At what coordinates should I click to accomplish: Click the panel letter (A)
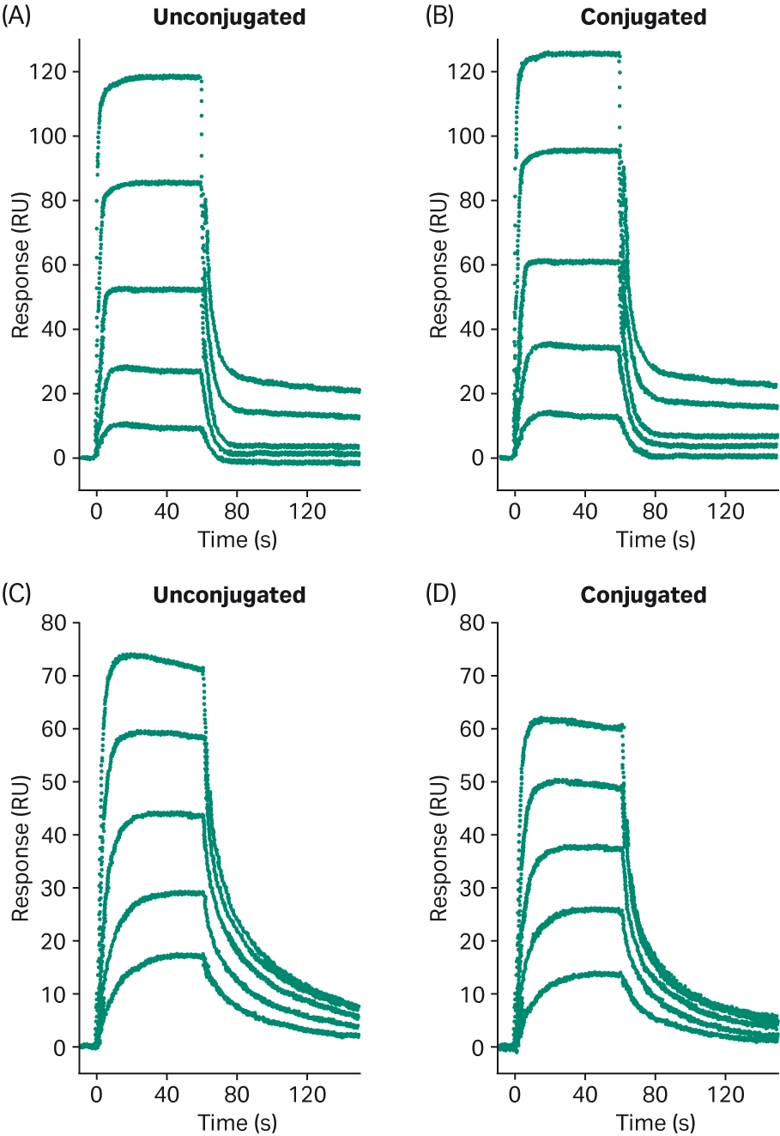(16, 17)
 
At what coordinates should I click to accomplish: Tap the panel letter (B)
(440, 17)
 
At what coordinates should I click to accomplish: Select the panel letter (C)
(16, 593)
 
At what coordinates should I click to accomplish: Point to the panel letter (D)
(440, 593)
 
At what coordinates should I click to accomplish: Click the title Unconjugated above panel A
(229, 18)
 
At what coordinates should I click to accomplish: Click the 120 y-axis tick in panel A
(48, 72)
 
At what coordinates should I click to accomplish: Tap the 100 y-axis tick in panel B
(466, 137)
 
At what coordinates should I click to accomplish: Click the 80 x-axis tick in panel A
(237, 513)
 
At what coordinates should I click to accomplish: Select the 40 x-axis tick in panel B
(585, 513)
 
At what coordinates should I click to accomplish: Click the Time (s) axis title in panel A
(237, 540)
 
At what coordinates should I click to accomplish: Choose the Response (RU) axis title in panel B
(438, 264)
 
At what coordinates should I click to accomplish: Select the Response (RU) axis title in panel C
(21, 847)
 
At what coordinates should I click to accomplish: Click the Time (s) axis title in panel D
(656, 1121)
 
